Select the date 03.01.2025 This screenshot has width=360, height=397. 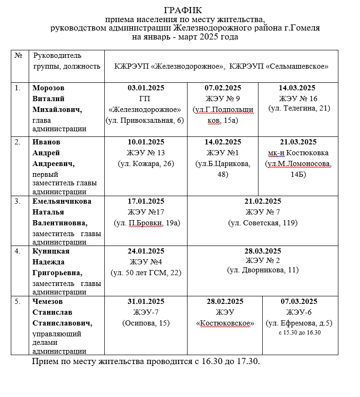pyautogui.click(x=146, y=88)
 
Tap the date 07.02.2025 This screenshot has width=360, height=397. pyautogui.click(x=223, y=88)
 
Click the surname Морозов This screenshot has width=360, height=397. pyautogui.click(x=48, y=88)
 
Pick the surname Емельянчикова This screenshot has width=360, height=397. pyautogui.click(x=62, y=201)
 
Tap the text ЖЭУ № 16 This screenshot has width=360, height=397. pyautogui.click(x=298, y=99)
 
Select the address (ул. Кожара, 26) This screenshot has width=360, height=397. pyautogui.click(x=146, y=164)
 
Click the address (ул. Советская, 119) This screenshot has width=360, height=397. pyautogui.click(x=263, y=223)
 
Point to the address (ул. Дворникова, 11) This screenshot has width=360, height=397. pyautogui.click(x=263, y=270)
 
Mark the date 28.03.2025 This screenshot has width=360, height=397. pyautogui.click(x=263, y=251)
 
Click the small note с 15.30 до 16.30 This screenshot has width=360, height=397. pyautogui.click(x=299, y=333)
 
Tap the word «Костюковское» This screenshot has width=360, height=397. pyautogui.click(x=225, y=323)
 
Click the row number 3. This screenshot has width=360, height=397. pyautogui.click(x=17, y=201)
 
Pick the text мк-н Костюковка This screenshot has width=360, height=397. pyautogui.click(x=298, y=153)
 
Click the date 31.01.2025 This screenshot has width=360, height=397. pyautogui.click(x=146, y=302)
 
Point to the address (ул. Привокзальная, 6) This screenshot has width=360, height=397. pyautogui.click(x=146, y=120)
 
